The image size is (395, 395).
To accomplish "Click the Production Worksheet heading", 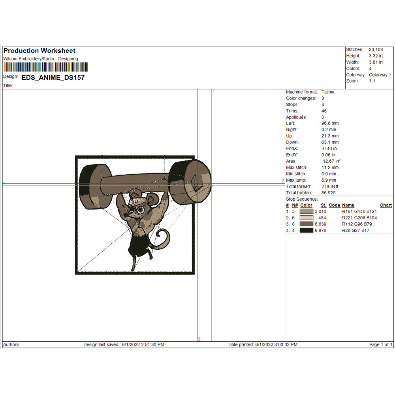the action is click(x=39, y=51).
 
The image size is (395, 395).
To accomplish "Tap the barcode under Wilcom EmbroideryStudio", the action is click(x=46, y=67).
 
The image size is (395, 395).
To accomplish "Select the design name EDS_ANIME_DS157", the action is click(x=53, y=77).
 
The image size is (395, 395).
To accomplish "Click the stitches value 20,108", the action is click(x=376, y=50).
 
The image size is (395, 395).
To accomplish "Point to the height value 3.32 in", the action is click(x=376, y=56).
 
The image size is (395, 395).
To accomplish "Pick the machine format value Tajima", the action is click(x=328, y=92).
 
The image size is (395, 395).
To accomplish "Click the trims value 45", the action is click(x=324, y=111).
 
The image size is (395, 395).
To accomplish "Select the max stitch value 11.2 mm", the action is click(x=330, y=167).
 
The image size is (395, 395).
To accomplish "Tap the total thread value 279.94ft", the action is click(x=330, y=186).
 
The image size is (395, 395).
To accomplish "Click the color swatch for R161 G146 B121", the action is click(x=307, y=211).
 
